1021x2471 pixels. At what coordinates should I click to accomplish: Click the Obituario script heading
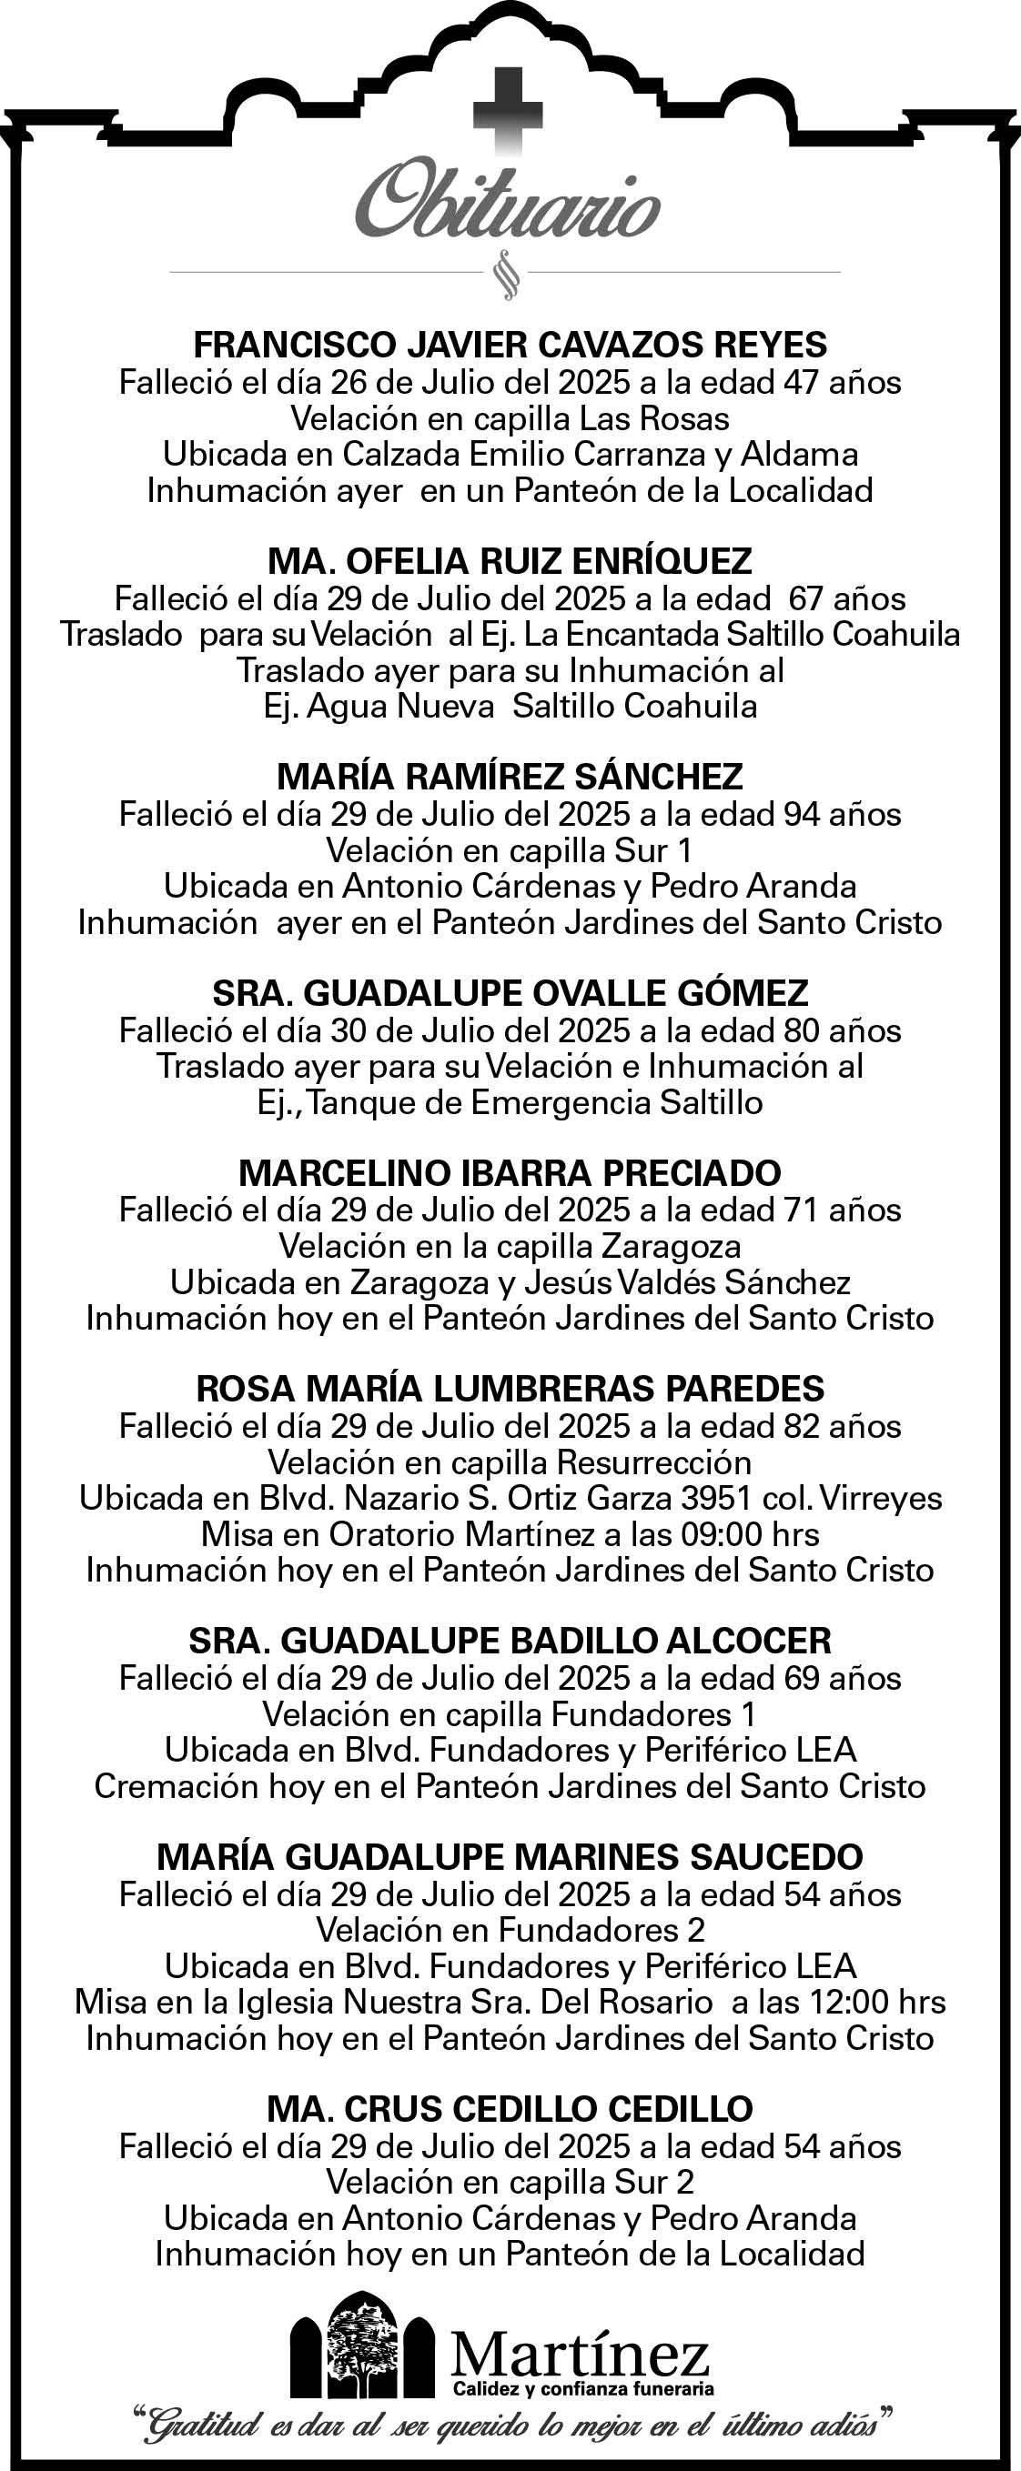coord(508,205)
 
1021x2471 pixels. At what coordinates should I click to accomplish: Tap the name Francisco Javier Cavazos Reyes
coord(510,345)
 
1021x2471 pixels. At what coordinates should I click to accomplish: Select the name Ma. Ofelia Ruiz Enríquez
coord(510,560)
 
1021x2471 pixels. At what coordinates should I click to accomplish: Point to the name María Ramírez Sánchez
coord(510,776)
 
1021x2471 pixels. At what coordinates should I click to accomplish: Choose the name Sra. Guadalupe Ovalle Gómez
coord(510,993)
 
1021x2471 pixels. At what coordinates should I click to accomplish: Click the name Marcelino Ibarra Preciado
coord(510,1172)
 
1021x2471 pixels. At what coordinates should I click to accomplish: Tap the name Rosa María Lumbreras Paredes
coord(510,1388)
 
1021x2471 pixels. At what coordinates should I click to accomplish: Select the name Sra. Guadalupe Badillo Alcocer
coord(510,1641)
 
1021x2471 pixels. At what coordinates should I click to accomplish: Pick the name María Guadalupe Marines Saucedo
coord(510,1857)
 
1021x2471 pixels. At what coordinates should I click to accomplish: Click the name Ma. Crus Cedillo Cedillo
coord(510,2108)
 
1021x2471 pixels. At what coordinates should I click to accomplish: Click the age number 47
coord(803,383)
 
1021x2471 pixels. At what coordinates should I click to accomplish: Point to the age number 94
coord(803,814)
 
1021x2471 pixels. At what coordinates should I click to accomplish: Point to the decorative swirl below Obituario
coord(505,275)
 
